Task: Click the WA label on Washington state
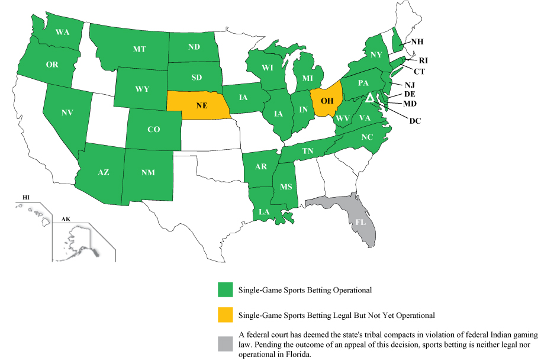[x=63, y=33]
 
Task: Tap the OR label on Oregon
[x=52, y=65]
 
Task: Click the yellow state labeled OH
[x=327, y=100]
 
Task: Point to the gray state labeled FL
[x=360, y=223]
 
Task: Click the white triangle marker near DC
[x=369, y=97]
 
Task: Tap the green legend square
[x=225, y=290]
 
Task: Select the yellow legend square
[x=225, y=315]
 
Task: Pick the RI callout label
[x=424, y=60]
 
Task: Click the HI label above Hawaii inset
[x=25, y=197]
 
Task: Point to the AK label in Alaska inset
[x=66, y=219]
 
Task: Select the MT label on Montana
[x=139, y=49]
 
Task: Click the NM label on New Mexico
[x=149, y=173]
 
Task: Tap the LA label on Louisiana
[x=265, y=211]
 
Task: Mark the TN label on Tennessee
[x=308, y=152]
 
